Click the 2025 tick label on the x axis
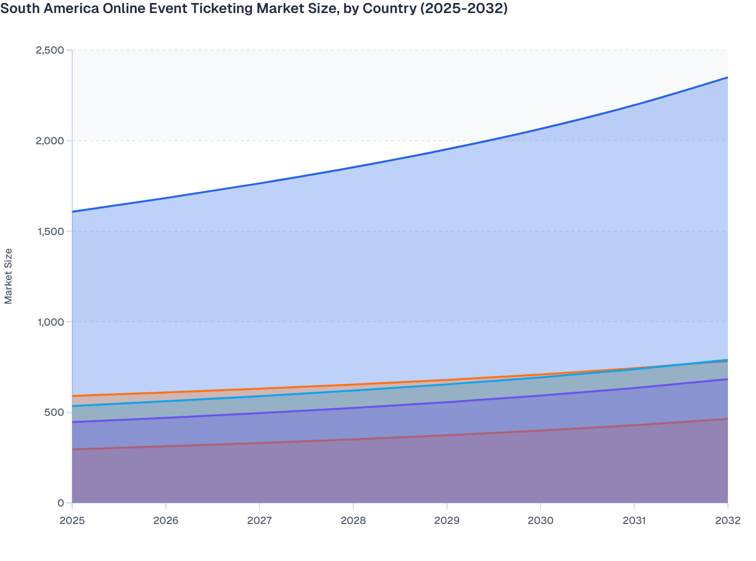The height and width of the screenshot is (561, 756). [x=72, y=520]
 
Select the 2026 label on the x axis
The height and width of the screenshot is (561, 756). [x=166, y=520]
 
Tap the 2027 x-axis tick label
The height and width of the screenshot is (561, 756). [x=260, y=520]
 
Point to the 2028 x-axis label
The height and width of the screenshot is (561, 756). [x=353, y=520]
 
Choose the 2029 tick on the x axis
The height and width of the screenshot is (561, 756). [x=447, y=520]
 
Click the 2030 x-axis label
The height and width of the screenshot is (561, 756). [x=540, y=520]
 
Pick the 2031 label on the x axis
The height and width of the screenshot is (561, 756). [x=634, y=520]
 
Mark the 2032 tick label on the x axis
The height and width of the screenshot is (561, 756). [x=727, y=520]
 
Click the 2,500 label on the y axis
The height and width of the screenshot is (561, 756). [x=50, y=50]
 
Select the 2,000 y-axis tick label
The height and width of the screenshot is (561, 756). [x=50, y=141]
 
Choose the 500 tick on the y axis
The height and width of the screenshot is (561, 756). [x=55, y=412]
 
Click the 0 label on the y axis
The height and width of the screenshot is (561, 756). [x=61, y=503]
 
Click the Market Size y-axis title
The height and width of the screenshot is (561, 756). [x=9, y=276]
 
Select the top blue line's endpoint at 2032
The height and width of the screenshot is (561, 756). [x=727, y=77]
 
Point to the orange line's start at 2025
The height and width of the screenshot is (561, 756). [x=73, y=396]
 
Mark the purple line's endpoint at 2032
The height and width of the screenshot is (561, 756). [x=727, y=379]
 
